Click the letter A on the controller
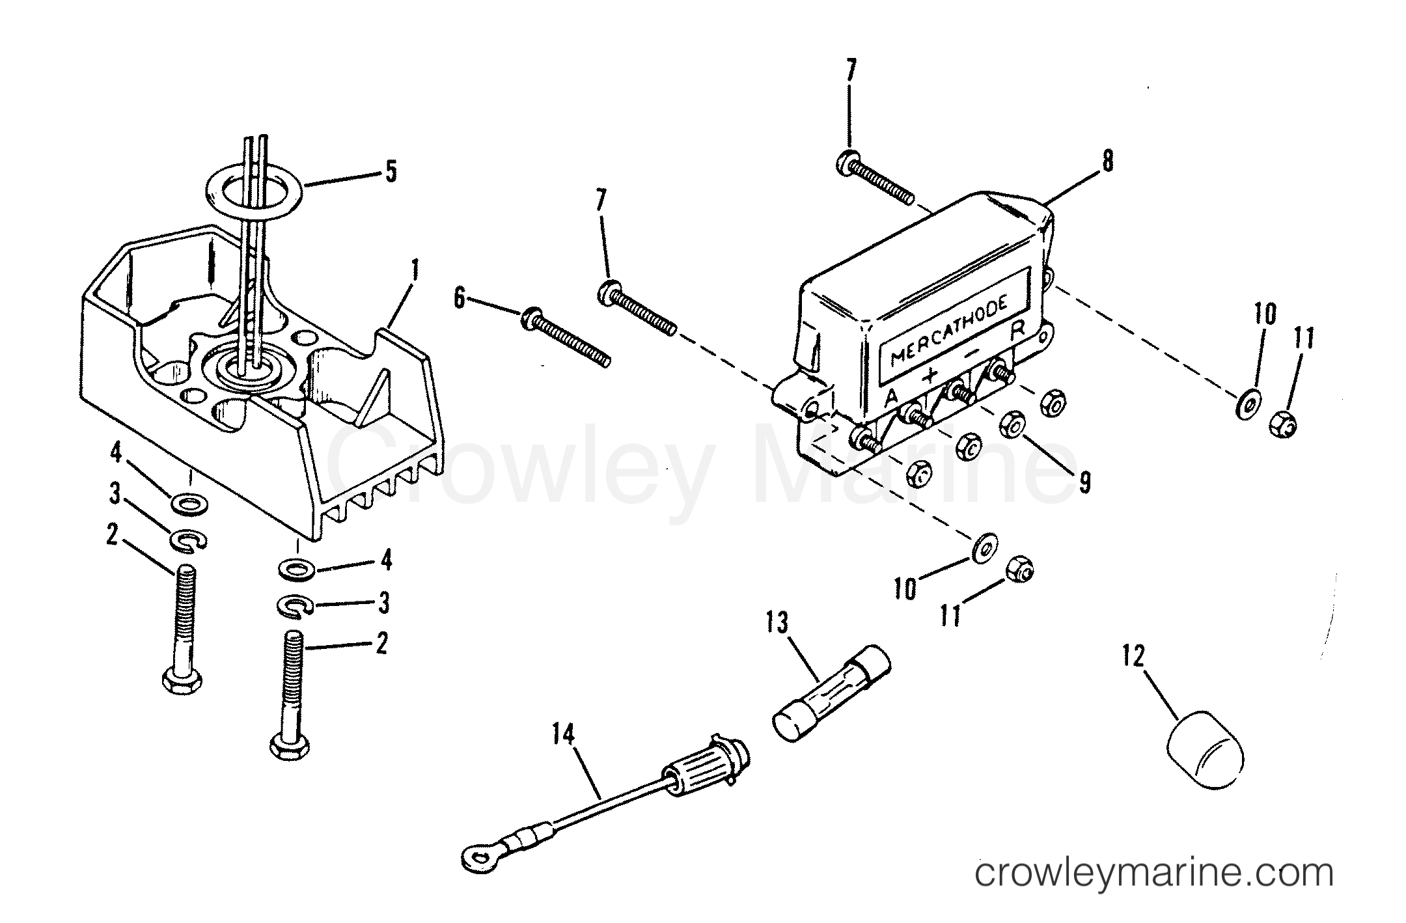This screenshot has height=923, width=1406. tap(892, 396)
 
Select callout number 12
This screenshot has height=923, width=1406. tap(1133, 656)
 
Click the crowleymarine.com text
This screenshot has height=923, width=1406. tap(1153, 872)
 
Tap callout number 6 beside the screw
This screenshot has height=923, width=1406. tap(460, 299)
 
